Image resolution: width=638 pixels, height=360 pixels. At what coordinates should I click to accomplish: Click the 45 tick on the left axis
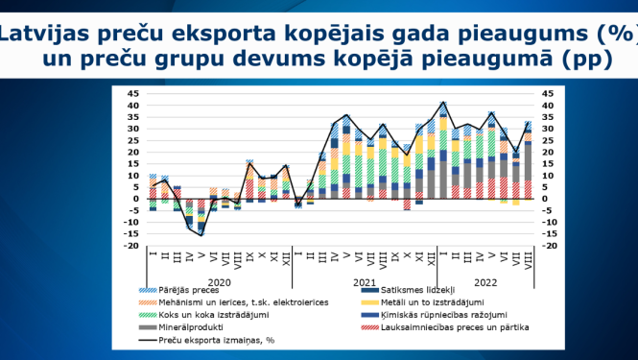tap(133, 93)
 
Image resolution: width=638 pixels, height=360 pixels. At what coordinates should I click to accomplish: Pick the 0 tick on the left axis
tap(136, 199)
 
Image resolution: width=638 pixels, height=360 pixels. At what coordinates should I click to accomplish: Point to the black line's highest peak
tap(442, 102)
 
